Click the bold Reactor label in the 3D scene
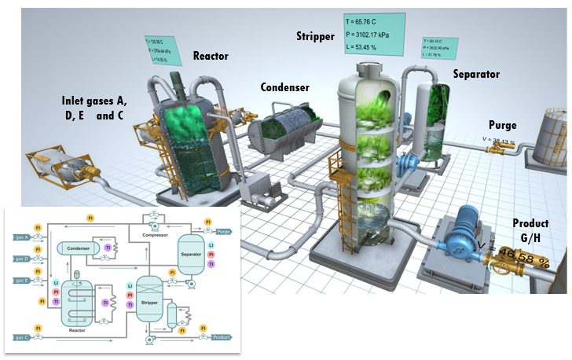pos(210,57)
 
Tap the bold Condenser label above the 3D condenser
pos(285,87)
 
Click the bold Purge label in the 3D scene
pos(502,124)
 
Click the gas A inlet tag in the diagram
pos(20,237)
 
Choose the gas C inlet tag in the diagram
pos(20,337)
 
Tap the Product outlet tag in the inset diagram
pos(222,337)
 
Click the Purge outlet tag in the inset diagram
pos(223,231)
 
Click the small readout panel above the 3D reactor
pos(160,48)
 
